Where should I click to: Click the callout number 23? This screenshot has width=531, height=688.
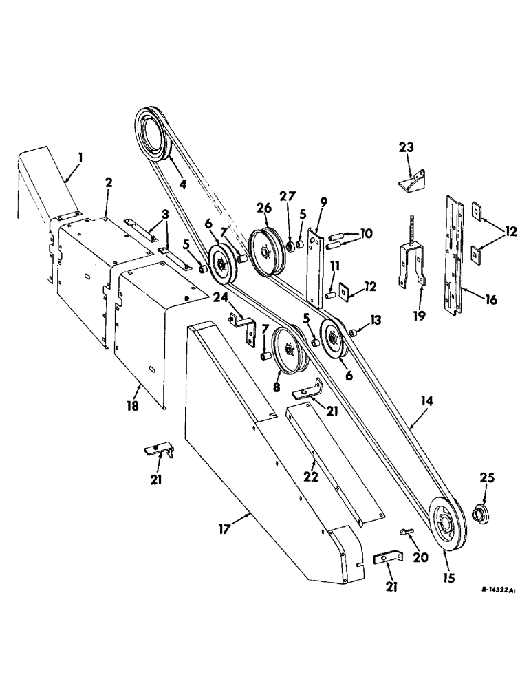tap(407, 147)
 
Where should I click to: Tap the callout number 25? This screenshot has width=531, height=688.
tap(478, 477)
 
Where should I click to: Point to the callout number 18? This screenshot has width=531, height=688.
tap(133, 406)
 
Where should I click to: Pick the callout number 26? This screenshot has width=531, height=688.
tap(265, 207)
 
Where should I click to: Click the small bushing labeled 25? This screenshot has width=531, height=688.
tap(479, 513)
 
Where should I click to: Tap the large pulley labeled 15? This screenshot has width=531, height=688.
tap(446, 526)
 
